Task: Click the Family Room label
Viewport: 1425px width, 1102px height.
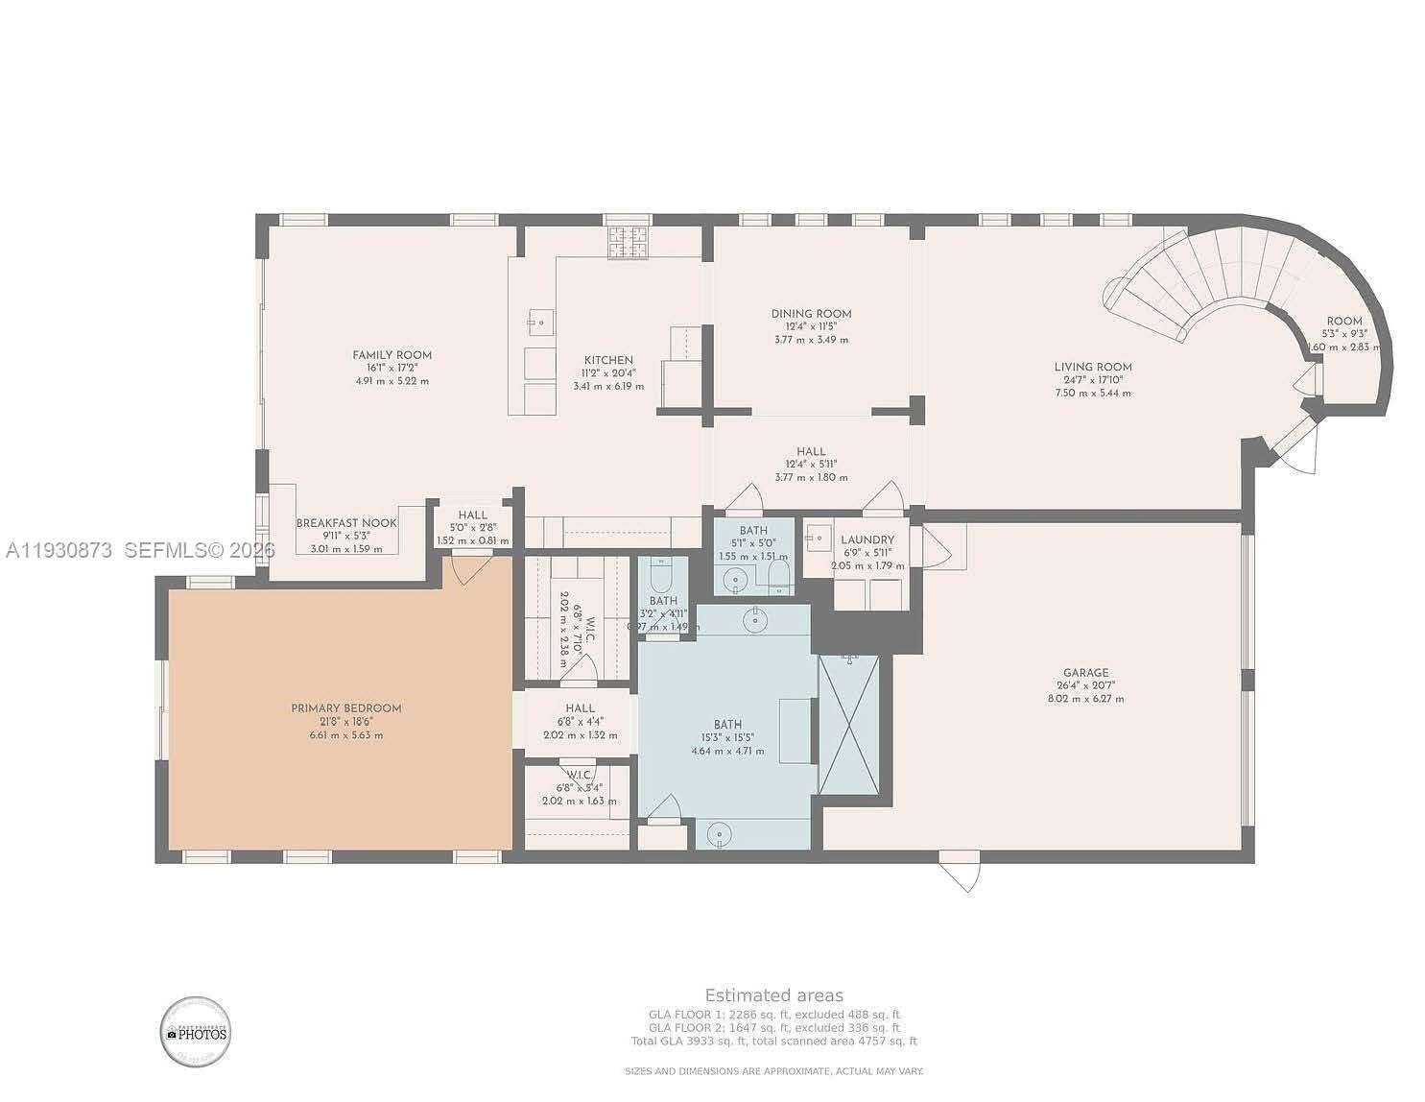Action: pos(392,355)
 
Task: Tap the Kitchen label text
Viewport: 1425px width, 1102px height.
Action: pos(607,360)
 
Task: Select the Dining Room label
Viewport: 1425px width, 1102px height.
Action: pos(811,314)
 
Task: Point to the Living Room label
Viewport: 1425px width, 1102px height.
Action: pos(1092,367)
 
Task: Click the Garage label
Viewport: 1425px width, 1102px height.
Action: pos(1085,673)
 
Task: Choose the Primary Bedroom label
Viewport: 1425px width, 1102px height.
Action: pos(345,708)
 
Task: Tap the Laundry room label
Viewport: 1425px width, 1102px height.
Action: pos(867,540)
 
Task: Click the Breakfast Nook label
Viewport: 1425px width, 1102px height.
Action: pos(345,523)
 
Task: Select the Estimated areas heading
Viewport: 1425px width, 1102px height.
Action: pos(773,994)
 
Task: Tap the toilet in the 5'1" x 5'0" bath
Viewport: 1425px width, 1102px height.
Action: pos(779,576)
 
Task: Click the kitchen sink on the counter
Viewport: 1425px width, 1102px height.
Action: pos(541,320)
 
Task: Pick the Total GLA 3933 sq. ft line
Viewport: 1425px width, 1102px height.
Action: pos(773,1041)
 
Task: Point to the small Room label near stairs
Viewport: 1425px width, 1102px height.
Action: pos(1343,322)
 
